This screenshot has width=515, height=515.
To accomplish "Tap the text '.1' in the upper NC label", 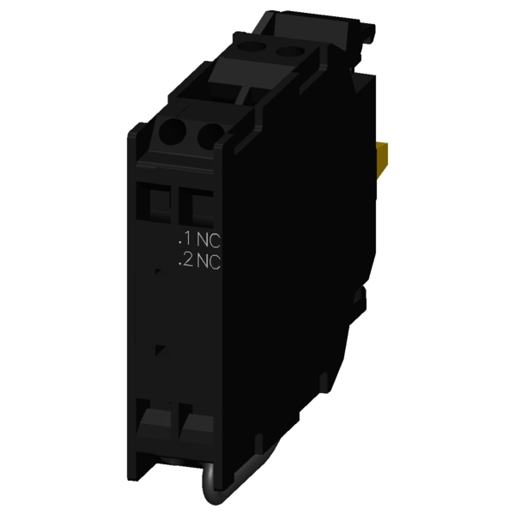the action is coord(184,239).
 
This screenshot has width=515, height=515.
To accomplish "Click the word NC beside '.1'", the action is coord(209,240).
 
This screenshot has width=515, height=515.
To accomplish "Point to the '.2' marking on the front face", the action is coord(185,260).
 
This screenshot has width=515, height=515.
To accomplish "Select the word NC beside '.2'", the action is coord(209,262).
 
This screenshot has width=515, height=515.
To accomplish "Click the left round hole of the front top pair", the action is coord(173,132).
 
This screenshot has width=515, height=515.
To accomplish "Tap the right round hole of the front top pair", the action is coord(210,135).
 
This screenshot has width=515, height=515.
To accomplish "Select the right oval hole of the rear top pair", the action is coord(289,51).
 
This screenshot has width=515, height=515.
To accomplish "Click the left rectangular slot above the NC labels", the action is coord(154,203).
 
